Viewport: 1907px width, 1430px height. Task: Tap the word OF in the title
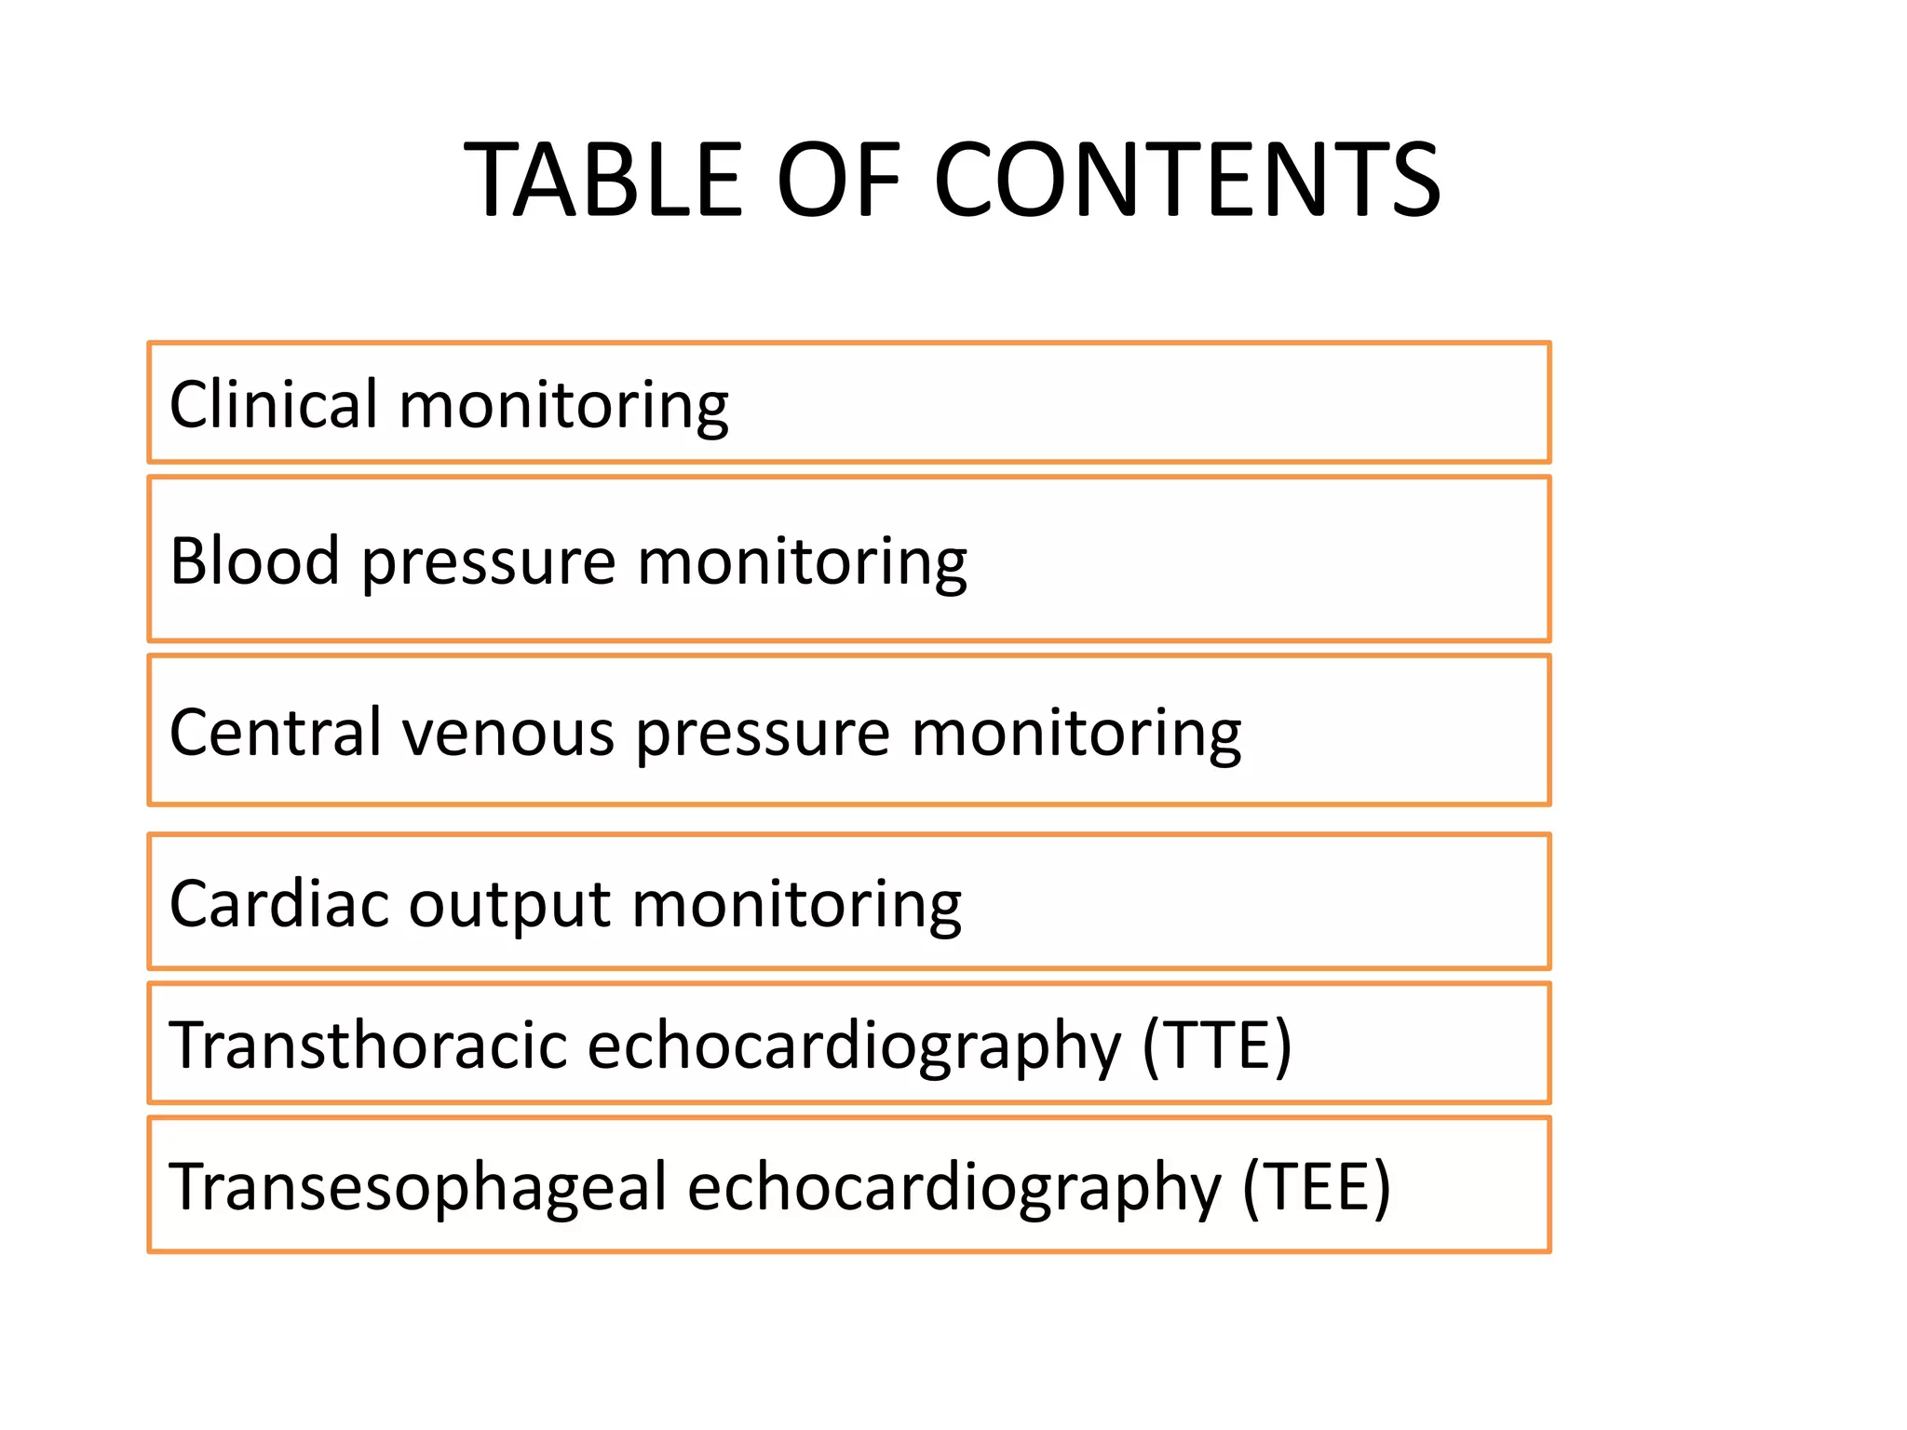pos(839,180)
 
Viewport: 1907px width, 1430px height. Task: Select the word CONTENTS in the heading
pos(1186,180)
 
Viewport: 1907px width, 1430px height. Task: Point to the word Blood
pos(254,561)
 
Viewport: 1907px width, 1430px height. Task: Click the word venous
pos(508,733)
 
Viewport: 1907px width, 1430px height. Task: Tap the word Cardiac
pos(278,904)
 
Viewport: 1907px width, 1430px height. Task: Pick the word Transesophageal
pos(418,1187)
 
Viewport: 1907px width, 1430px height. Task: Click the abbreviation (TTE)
pos(1217,1046)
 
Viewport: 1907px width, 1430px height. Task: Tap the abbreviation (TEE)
pos(1317,1187)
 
